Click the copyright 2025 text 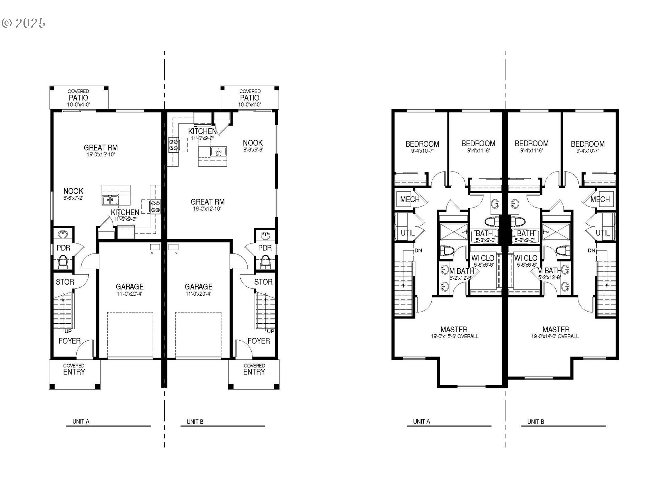click(23, 23)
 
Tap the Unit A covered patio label click(78, 98)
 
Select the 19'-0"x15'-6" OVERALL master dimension click(454, 336)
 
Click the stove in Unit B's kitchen click(173, 145)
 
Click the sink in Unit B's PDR click(265, 236)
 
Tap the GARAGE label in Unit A click(129, 287)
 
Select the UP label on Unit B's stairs click(270, 331)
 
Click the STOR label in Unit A click(65, 282)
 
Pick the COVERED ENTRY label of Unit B click(254, 369)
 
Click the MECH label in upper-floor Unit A click(410, 200)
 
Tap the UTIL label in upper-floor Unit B click(602, 233)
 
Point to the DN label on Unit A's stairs click(418, 250)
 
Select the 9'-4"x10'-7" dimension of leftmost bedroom click(422, 151)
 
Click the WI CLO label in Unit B click(526, 258)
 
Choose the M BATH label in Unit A click(462, 271)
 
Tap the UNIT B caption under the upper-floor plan click(535, 422)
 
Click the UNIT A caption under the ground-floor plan click(81, 422)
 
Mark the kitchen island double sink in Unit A click(110, 200)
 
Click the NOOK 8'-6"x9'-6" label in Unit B click(253, 146)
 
